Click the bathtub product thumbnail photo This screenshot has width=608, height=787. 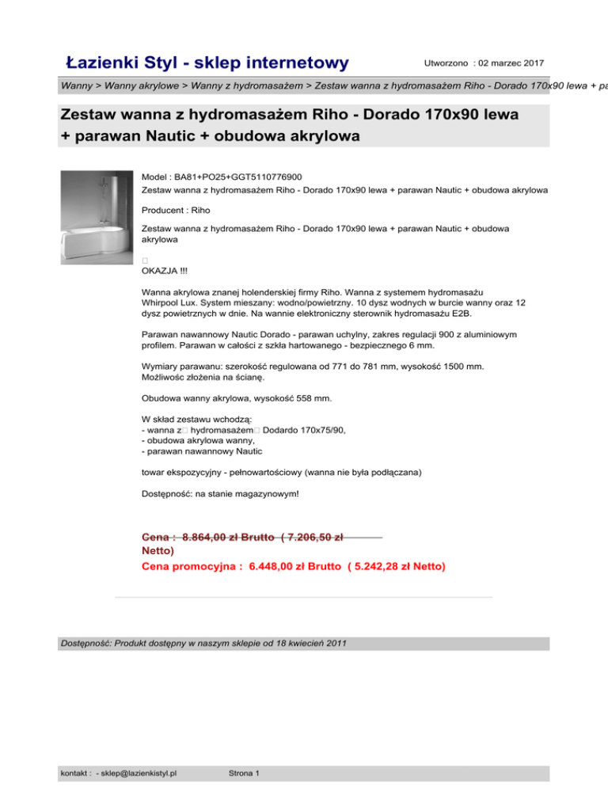coord(97,218)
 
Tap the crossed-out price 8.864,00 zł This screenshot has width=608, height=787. coord(215,536)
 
